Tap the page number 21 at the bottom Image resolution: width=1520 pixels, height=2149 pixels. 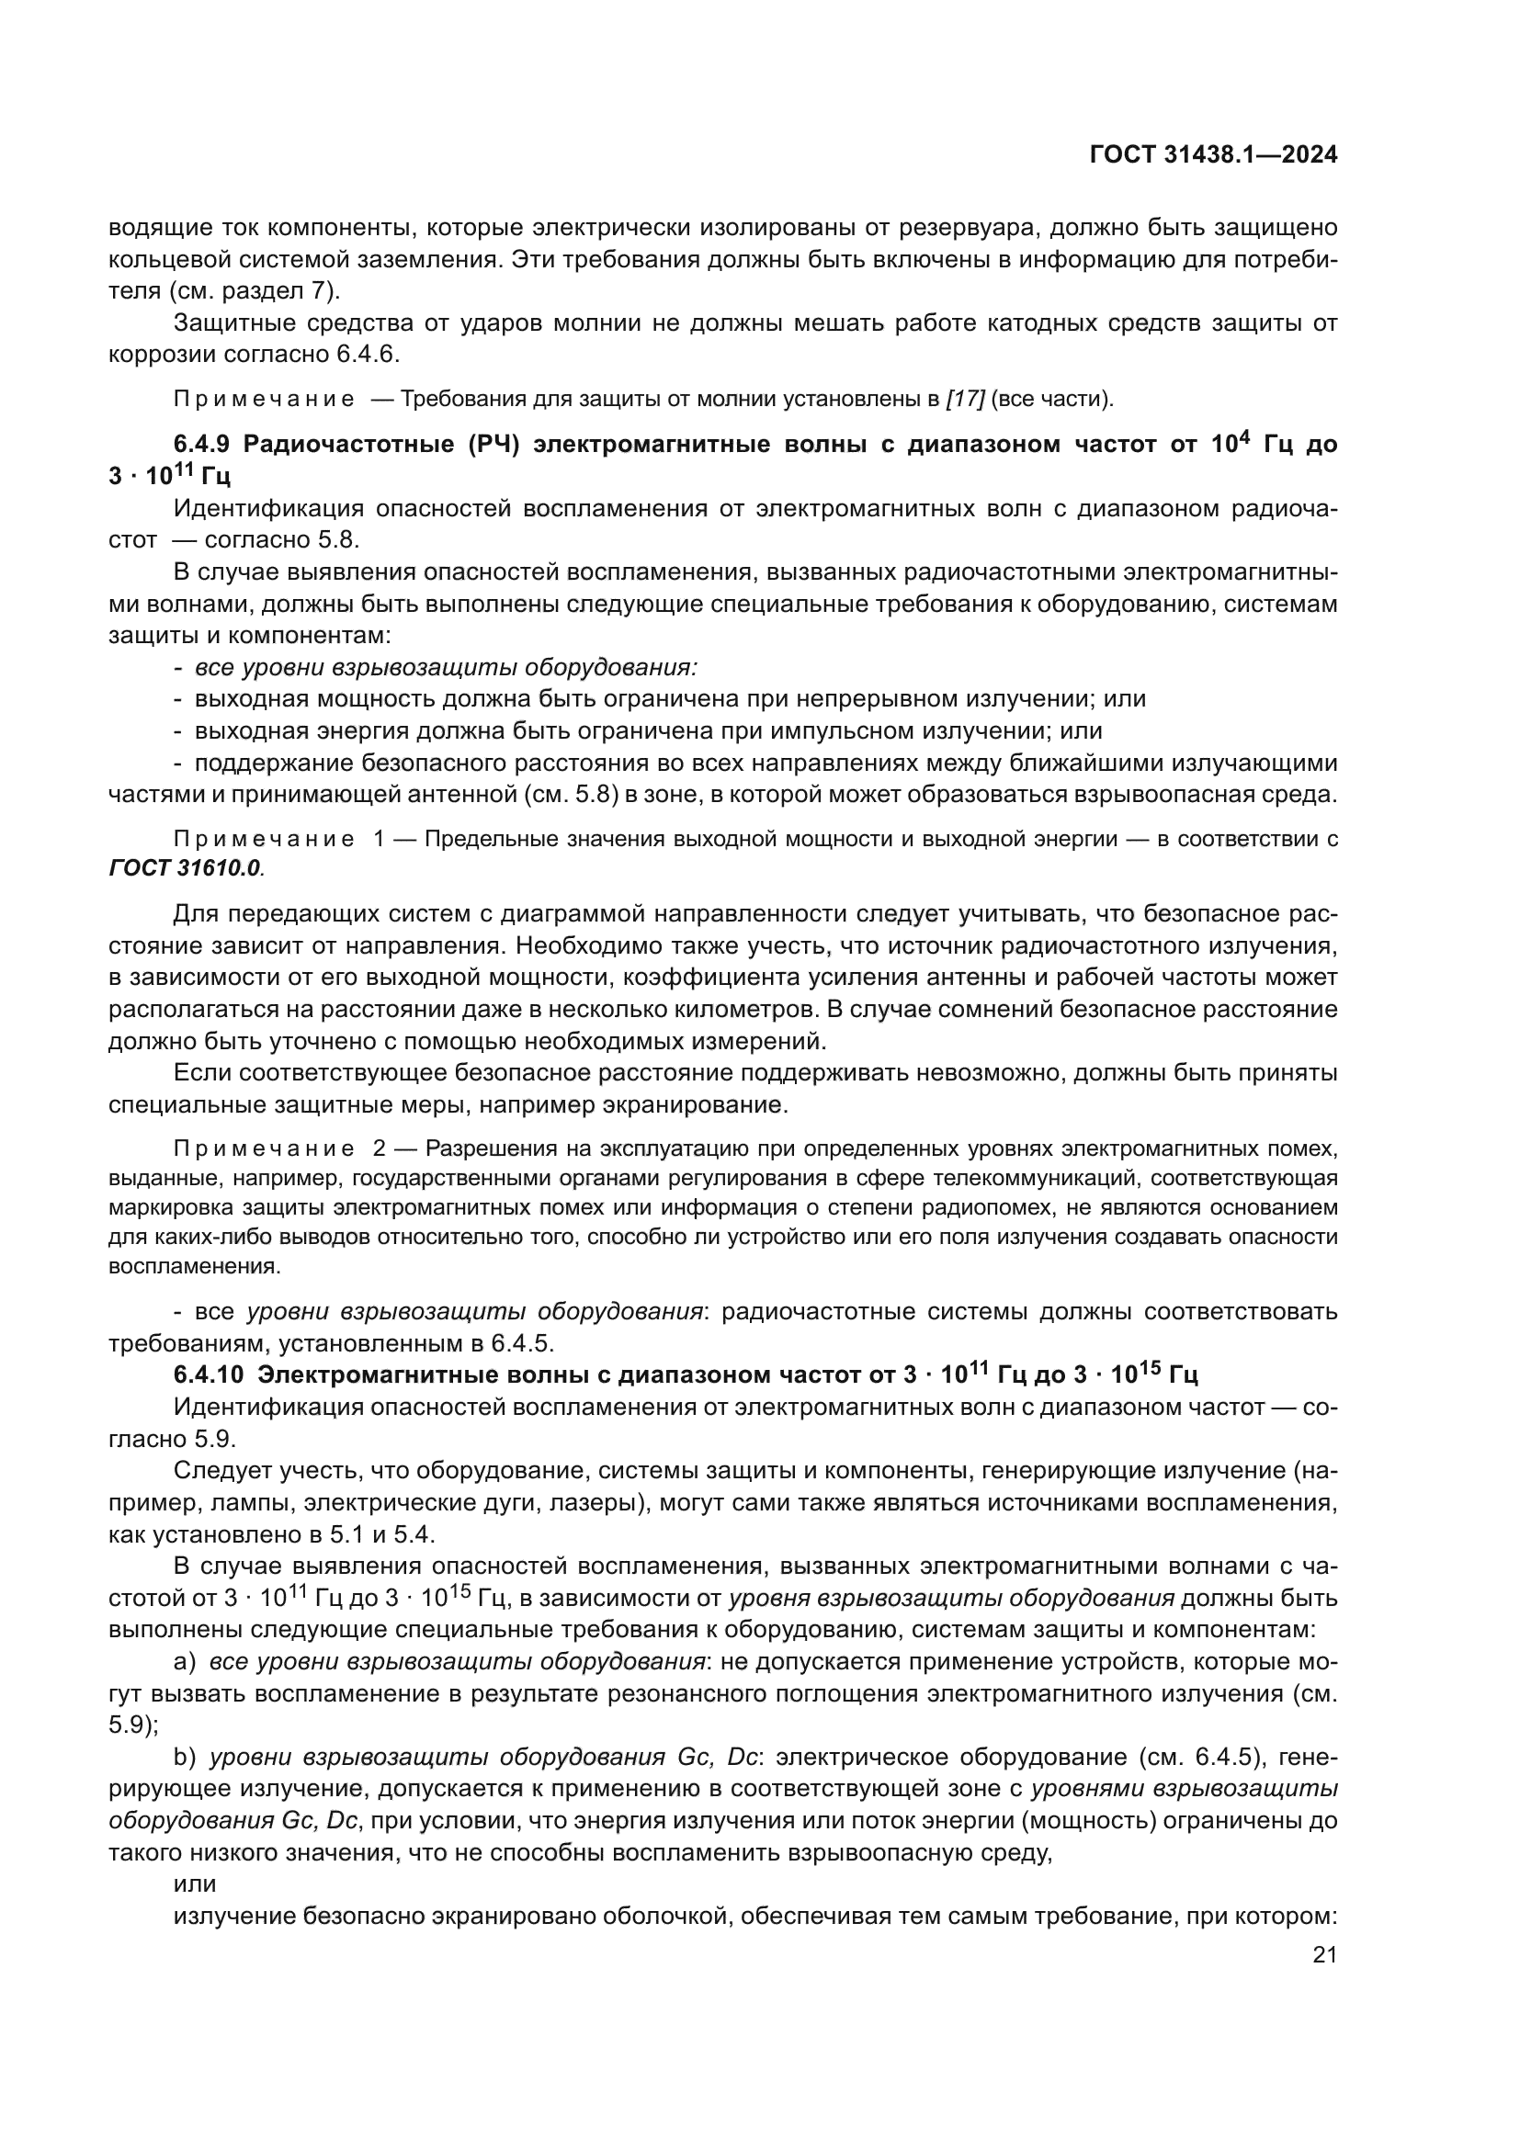tap(1324, 1954)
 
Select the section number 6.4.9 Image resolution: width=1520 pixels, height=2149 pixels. tap(203, 445)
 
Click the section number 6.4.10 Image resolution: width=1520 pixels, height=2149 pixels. tap(209, 1375)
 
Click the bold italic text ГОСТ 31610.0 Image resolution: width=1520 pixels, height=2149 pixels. tap(186, 867)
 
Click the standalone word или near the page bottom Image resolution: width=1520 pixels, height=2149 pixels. tap(195, 1884)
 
